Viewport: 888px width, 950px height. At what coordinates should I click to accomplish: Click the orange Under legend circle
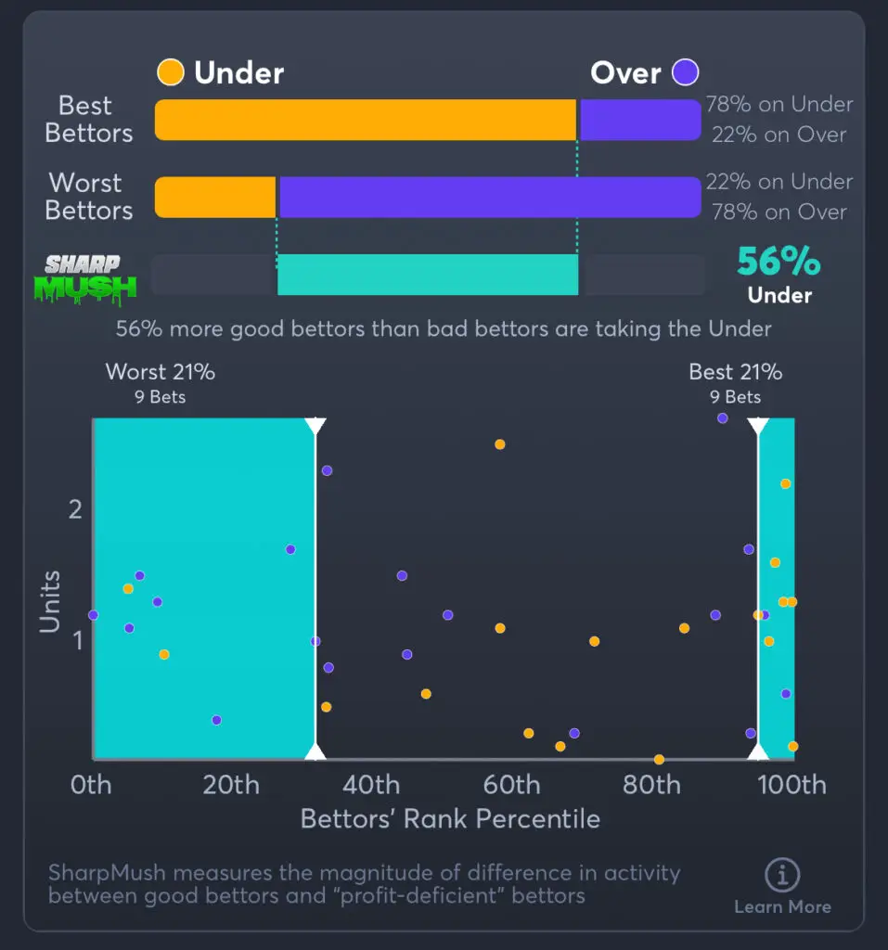(x=170, y=71)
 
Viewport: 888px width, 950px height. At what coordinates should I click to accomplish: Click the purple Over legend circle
(x=686, y=71)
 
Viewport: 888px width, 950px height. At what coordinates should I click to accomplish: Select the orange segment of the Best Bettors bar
(x=366, y=120)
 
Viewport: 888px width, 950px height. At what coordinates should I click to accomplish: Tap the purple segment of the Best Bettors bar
(x=639, y=120)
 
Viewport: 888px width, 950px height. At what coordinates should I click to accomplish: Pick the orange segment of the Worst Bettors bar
(x=215, y=197)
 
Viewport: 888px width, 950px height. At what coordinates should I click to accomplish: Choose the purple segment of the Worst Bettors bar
(x=489, y=197)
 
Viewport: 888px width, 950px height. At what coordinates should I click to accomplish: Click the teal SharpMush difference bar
(x=428, y=275)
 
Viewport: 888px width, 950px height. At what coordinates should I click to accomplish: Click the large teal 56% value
(x=779, y=263)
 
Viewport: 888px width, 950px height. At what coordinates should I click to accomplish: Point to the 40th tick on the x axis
(x=371, y=786)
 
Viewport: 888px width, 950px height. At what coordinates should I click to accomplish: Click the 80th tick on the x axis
(x=651, y=786)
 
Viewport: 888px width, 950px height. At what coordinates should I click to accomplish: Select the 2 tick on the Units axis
(x=74, y=508)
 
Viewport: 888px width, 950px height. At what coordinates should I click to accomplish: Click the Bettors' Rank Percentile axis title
(x=450, y=819)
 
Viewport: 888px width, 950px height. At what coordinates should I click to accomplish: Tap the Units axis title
(x=50, y=601)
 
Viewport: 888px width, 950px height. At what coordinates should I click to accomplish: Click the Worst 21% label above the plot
(x=161, y=372)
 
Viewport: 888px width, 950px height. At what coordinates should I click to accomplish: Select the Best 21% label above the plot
(x=735, y=372)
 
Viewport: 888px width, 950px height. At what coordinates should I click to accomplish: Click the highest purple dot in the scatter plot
(x=723, y=418)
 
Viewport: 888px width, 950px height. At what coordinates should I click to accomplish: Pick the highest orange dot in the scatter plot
(x=500, y=444)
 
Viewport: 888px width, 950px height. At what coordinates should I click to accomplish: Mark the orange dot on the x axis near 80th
(x=659, y=759)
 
